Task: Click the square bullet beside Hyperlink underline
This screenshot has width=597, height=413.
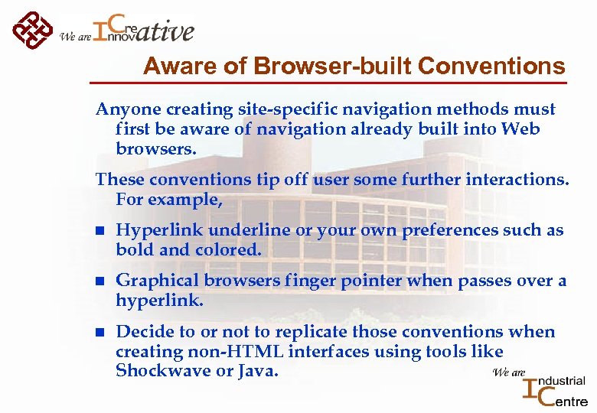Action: click(x=99, y=231)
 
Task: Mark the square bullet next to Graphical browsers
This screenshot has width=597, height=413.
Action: click(x=99, y=281)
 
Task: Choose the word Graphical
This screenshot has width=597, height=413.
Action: click(x=158, y=281)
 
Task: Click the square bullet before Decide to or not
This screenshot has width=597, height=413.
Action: click(x=99, y=333)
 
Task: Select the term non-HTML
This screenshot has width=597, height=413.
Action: click(x=214, y=351)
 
